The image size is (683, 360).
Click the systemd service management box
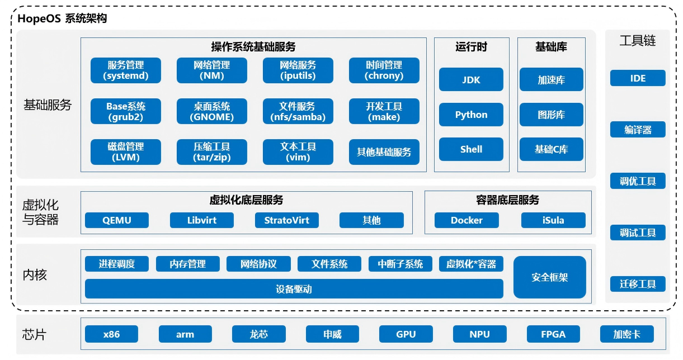point(126,70)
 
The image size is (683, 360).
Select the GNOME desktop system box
point(212,111)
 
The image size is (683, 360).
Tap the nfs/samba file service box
point(298,111)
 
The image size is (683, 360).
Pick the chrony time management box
point(384,70)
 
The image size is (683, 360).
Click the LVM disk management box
point(126,152)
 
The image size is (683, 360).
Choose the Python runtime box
point(471,115)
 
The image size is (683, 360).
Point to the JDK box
point(471,79)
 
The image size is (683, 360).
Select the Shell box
point(471,149)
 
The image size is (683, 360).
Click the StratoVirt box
point(287,220)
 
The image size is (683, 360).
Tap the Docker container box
point(467,220)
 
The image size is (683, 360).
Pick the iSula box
point(553,220)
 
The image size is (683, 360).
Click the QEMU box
point(117,220)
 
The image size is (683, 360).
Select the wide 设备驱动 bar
point(294,288)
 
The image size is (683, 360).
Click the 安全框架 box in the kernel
point(550,277)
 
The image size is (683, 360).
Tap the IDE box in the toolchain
point(638,78)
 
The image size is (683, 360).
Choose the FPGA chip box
point(553,334)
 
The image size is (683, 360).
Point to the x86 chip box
point(112,334)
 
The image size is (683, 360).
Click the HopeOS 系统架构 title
point(62,18)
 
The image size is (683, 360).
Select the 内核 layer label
point(35,275)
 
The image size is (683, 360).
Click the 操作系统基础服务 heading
point(253,47)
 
